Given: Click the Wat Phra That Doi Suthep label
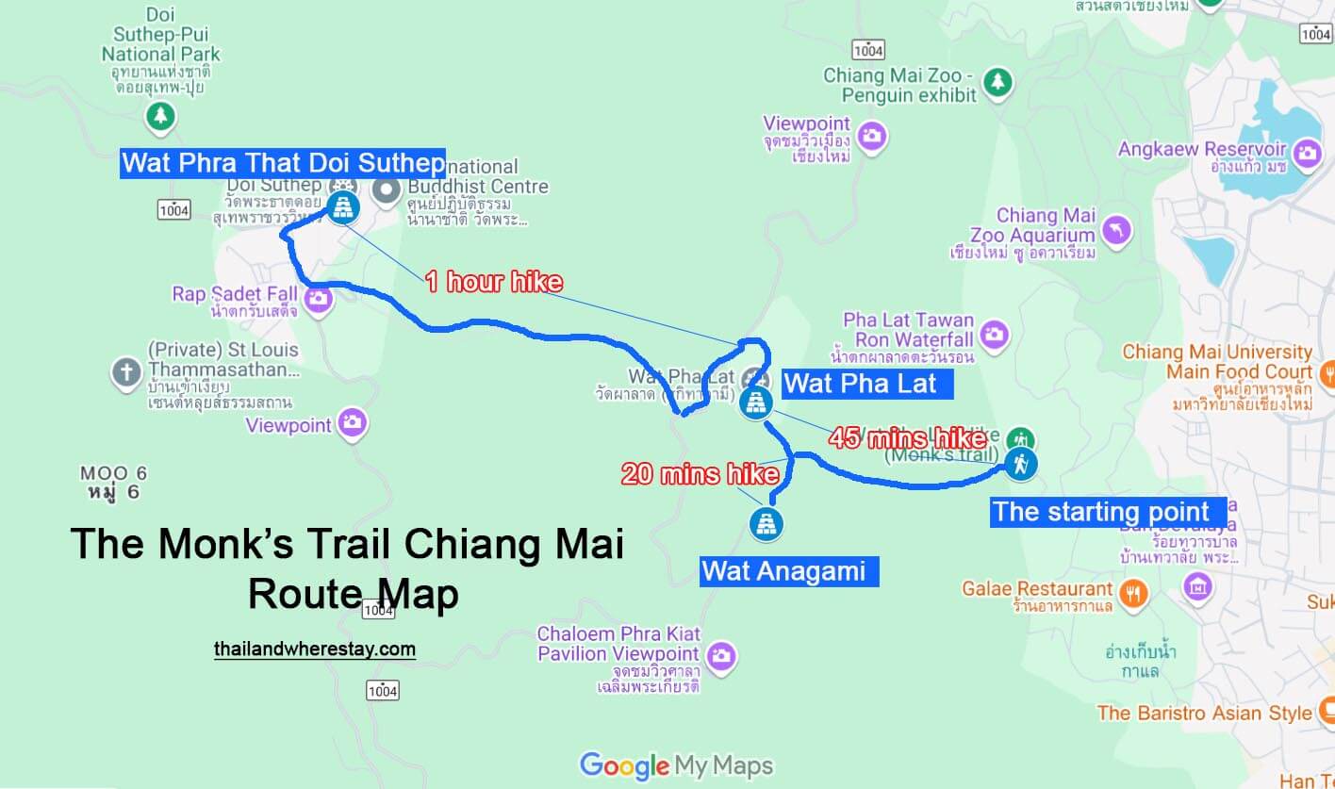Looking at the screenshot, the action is tap(283, 163).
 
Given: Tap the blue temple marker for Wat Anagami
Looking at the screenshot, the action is tap(766, 523).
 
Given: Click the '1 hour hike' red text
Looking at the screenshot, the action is tap(493, 281).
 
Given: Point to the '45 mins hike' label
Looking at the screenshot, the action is tap(908, 437).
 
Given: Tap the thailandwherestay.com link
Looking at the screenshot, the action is tap(315, 649).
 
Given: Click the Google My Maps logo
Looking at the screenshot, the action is tap(676, 765).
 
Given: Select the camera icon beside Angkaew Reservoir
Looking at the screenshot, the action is tap(1307, 153).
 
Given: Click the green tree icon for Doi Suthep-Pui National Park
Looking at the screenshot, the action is tap(160, 116).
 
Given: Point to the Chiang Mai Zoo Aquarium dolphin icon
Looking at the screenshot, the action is tap(1116, 231).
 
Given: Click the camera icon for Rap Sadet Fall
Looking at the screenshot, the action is tap(319, 299).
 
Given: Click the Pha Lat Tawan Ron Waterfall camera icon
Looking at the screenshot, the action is tap(994, 334).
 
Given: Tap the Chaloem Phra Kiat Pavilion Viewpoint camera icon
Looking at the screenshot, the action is tap(721, 654).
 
